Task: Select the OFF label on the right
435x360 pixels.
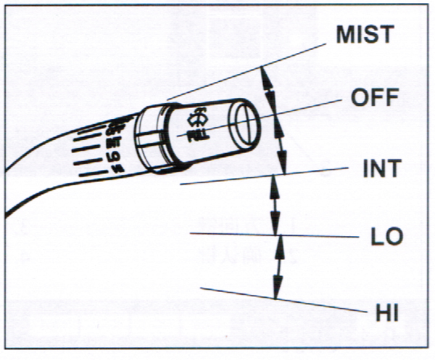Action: [374, 97]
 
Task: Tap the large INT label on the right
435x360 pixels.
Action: [380, 169]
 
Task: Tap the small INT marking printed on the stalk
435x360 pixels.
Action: [113, 143]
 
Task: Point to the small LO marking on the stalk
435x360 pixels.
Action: [113, 155]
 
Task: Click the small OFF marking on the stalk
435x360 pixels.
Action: [112, 131]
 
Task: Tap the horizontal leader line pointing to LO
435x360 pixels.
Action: [290, 235]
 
